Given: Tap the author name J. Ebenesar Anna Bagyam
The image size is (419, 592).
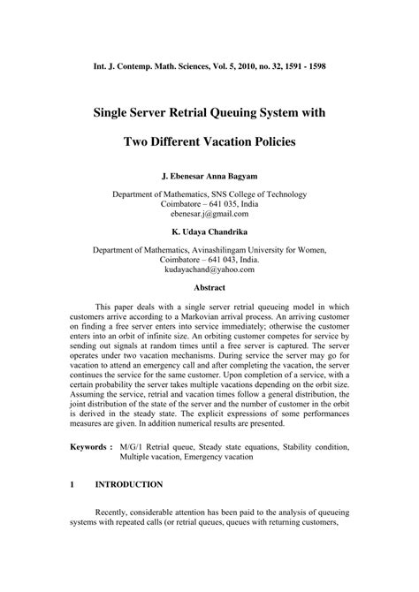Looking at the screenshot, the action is (209, 176).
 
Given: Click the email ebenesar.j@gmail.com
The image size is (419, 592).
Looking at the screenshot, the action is (209, 214).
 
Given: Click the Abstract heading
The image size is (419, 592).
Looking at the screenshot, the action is (209, 287).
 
